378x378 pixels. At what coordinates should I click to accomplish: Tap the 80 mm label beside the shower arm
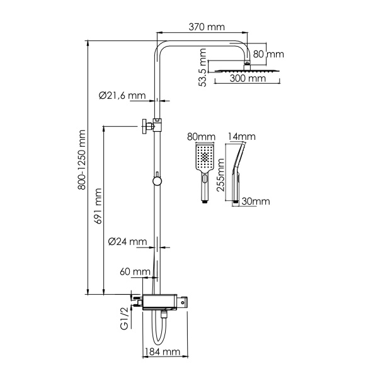point(268,55)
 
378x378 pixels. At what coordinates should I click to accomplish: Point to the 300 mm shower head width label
point(247,79)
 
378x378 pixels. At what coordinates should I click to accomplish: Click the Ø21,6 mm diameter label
point(122,96)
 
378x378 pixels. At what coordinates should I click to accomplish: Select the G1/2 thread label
point(125,316)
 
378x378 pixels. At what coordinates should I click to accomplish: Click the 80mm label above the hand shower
point(201,137)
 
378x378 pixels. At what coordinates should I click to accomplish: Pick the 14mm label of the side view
point(242,137)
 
